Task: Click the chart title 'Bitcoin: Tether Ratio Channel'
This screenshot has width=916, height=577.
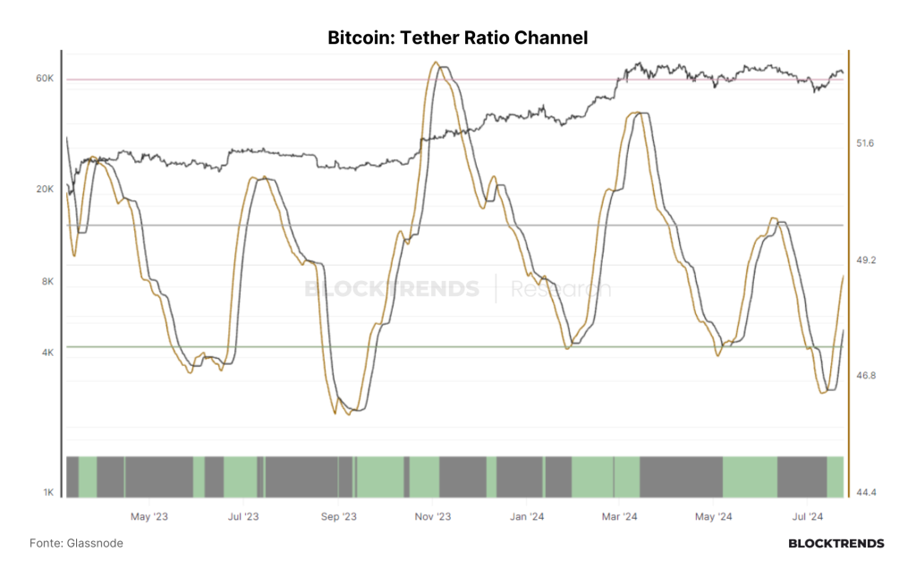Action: pyautogui.click(x=457, y=38)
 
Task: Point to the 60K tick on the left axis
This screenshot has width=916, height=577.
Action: pyautogui.click(x=45, y=78)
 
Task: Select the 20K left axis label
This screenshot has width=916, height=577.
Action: pyautogui.click(x=45, y=190)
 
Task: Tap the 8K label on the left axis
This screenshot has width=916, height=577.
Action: pyautogui.click(x=48, y=282)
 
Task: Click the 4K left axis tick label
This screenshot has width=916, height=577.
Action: pyautogui.click(x=48, y=352)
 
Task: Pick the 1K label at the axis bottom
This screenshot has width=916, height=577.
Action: pyautogui.click(x=48, y=492)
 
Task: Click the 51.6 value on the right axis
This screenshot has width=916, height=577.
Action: pyautogui.click(x=865, y=143)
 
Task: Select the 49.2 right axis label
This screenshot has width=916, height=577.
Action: pyautogui.click(x=866, y=260)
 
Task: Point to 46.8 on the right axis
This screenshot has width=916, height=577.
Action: pyautogui.click(x=866, y=376)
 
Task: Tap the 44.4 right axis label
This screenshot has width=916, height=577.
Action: pyautogui.click(x=866, y=493)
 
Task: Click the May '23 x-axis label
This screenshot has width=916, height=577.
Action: pyautogui.click(x=149, y=517)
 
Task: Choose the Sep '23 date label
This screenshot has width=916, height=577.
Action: pyautogui.click(x=339, y=517)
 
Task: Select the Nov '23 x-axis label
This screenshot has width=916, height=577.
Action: pyautogui.click(x=433, y=517)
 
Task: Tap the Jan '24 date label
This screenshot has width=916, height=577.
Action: pyautogui.click(x=527, y=517)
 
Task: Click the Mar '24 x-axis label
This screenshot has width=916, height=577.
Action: pyautogui.click(x=620, y=517)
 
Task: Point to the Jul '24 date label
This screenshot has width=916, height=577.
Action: pyautogui.click(x=808, y=517)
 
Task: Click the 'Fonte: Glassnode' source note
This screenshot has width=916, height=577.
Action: pyautogui.click(x=77, y=544)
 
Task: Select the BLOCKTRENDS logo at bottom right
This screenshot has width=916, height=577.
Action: pyautogui.click(x=836, y=544)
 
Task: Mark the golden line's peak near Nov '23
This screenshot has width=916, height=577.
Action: pyautogui.click(x=436, y=62)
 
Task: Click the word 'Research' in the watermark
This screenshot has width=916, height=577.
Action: pyautogui.click(x=561, y=289)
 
